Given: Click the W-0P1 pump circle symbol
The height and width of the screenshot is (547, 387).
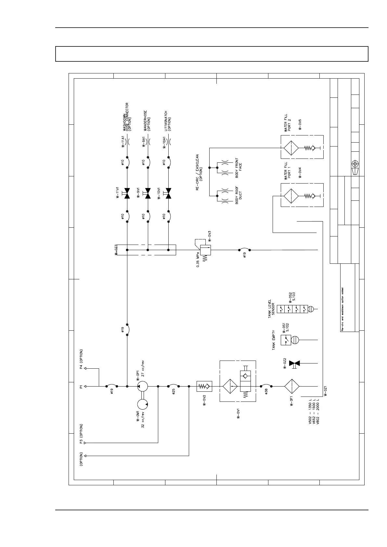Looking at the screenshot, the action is pos(142,386).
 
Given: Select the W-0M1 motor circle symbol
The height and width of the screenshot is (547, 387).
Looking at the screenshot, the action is pos(142,404).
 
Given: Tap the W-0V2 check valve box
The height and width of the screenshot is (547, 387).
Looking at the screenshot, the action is pos(204,386).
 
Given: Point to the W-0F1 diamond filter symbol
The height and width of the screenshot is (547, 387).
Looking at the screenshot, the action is pos(292,386).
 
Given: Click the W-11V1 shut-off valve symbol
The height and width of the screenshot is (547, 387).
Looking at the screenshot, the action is pos(127,193).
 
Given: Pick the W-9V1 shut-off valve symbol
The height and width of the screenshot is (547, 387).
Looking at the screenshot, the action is pos(148,193).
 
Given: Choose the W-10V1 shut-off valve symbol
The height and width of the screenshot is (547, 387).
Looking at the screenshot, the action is pos(168,193).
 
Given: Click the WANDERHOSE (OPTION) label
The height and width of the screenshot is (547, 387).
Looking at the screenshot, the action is pos(147,121).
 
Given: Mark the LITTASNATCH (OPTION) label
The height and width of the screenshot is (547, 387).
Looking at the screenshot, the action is pos(168,121).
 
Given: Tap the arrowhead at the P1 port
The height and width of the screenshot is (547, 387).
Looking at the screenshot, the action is pos(85,386).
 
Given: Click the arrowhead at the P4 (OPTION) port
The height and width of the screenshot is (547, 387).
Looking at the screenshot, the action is pos(85,368).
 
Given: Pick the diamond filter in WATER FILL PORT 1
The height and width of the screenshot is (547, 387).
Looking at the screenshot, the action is pos(291,196).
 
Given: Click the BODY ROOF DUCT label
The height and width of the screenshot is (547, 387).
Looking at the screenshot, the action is pos(239,195).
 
